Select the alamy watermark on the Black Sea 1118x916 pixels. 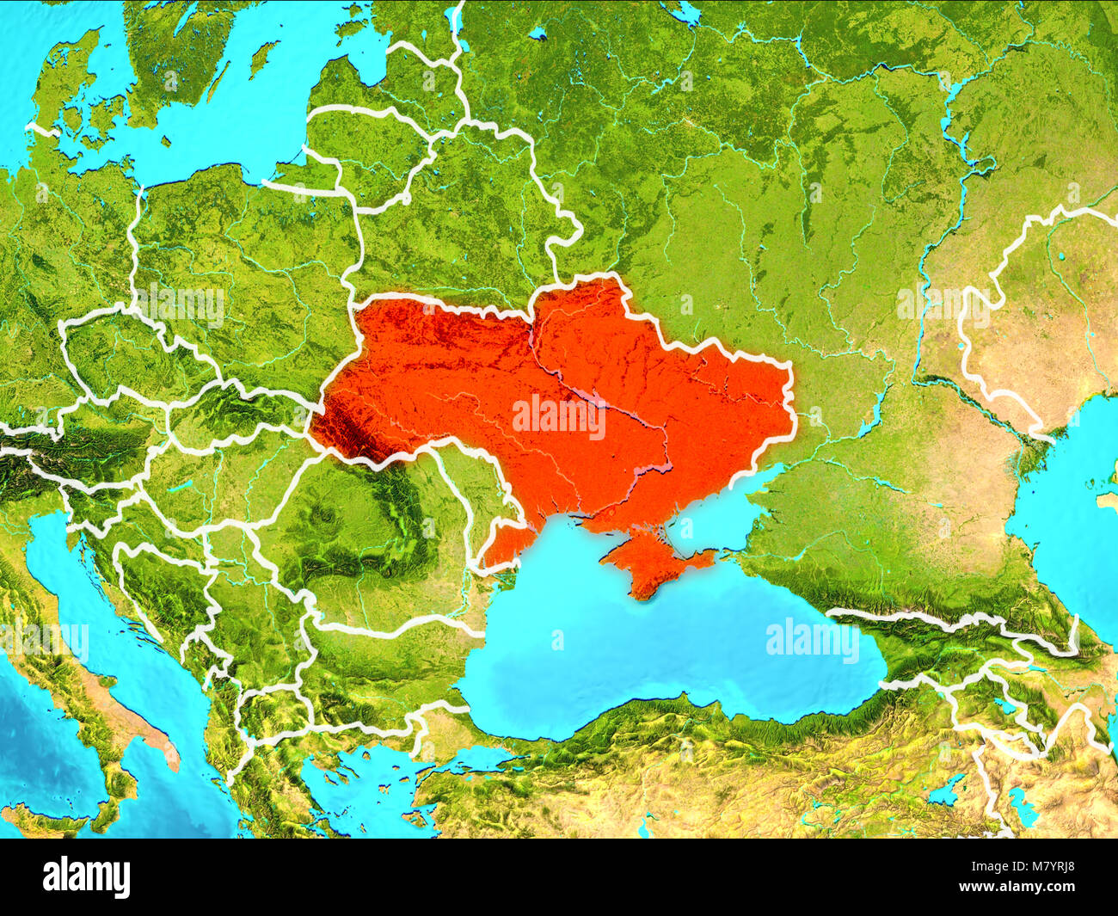coord(812,640)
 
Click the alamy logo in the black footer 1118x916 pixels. coord(87,877)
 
